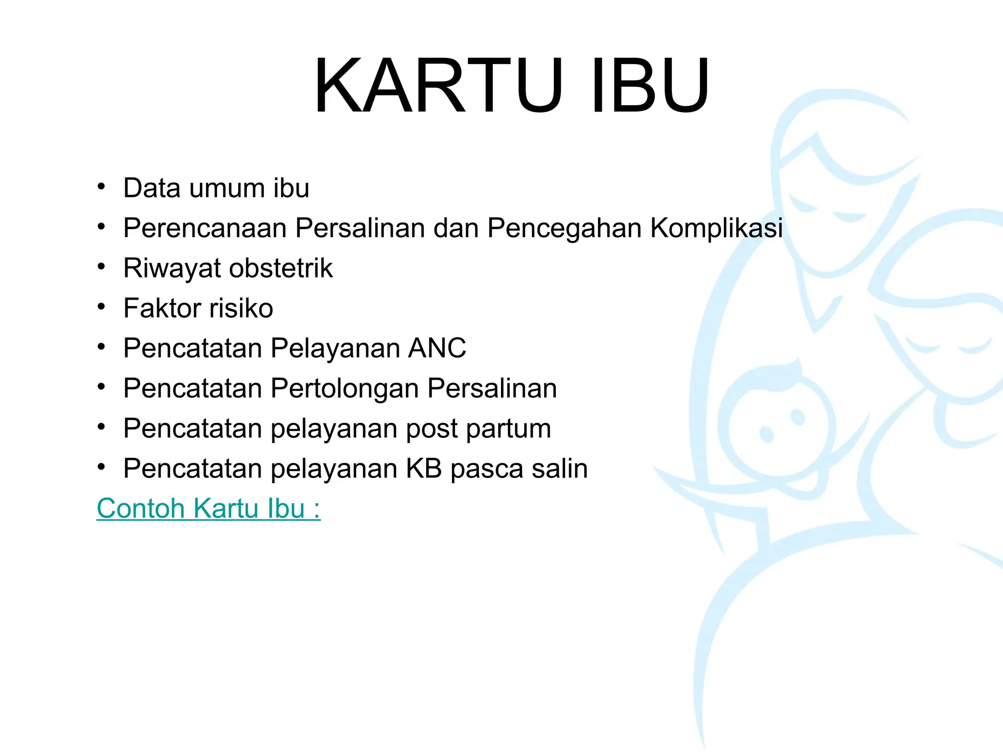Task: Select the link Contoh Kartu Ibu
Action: (x=208, y=508)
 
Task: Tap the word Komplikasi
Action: (x=716, y=228)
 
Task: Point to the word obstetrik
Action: (x=281, y=268)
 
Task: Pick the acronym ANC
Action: (x=437, y=349)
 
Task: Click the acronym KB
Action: (x=424, y=469)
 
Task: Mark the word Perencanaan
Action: (x=205, y=228)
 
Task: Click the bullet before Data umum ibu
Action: (x=101, y=187)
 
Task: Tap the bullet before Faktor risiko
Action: (x=101, y=307)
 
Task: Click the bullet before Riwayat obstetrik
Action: (x=101, y=267)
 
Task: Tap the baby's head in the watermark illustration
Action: (x=779, y=421)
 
